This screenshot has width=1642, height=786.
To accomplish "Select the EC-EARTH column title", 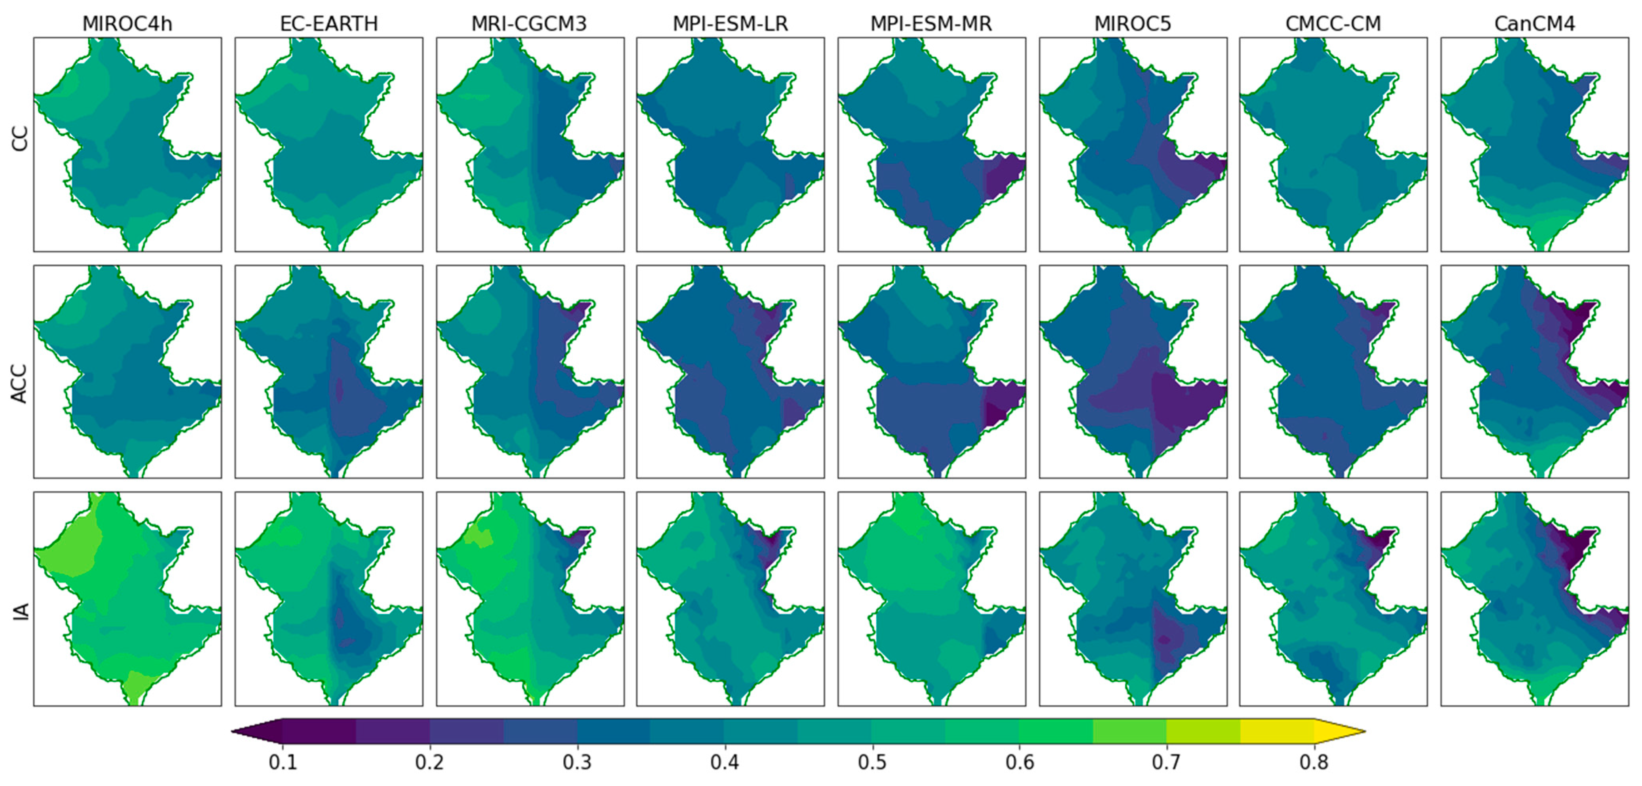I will (329, 24).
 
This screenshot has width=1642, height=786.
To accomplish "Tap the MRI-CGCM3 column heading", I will (529, 24).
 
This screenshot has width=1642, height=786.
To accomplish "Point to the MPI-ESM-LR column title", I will (730, 24).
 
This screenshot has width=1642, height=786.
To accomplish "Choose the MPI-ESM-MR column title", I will (931, 24).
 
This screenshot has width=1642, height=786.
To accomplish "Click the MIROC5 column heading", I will (1133, 24).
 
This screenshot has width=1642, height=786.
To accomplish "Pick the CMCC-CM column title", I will (1333, 24).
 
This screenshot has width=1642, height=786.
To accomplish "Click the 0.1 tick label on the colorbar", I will (282, 762).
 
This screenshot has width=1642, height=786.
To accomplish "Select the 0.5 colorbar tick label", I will (872, 762).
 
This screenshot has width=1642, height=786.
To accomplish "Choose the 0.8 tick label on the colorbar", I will (1314, 762).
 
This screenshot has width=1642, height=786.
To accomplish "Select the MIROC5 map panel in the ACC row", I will (1133, 372).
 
